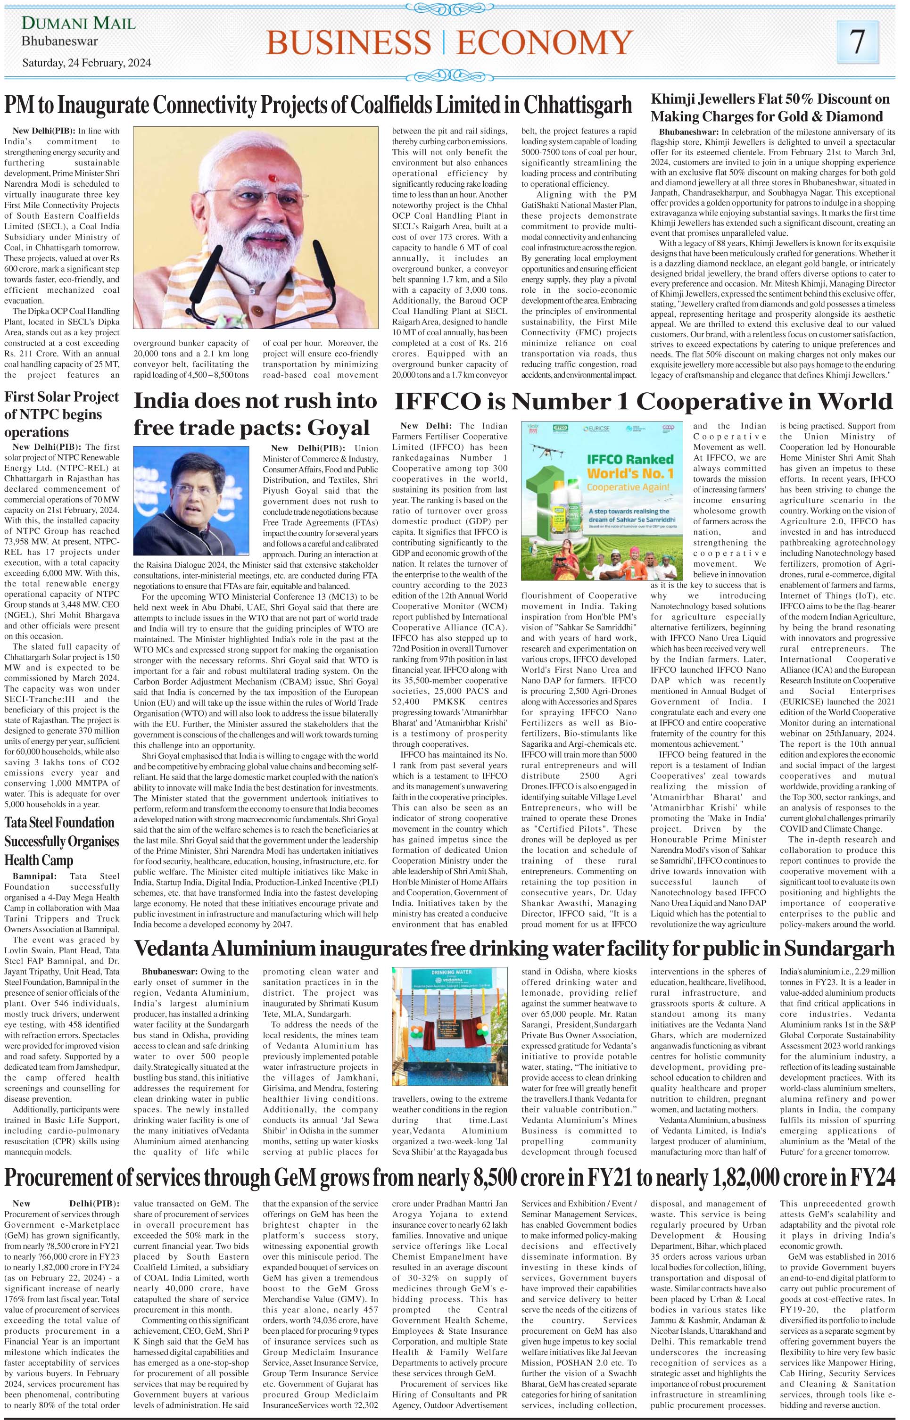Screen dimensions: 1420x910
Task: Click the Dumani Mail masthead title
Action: [x=79, y=24]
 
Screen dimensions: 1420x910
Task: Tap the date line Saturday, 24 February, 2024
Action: [x=86, y=62]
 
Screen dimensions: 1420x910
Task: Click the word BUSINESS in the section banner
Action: [x=349, y=43]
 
